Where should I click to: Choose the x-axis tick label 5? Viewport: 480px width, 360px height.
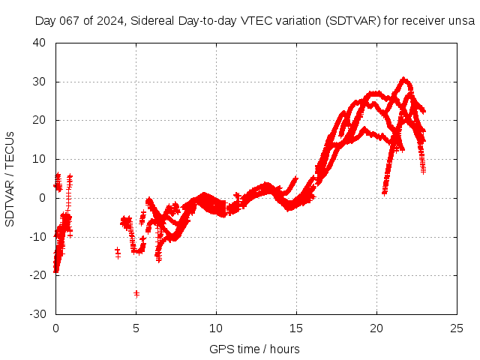pos(136,328)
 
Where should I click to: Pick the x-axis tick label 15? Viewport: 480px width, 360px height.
pos(296,328)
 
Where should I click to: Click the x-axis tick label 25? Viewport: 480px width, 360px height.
pos(457,328)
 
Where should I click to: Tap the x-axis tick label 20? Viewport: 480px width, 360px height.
pos(376,328)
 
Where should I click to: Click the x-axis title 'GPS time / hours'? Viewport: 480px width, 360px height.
pos(255,349)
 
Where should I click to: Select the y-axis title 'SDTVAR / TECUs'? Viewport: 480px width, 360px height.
pos(10,178)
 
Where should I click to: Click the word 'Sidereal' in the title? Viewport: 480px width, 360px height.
pos(151,21)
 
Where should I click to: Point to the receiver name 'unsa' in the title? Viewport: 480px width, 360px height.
pos(462,21)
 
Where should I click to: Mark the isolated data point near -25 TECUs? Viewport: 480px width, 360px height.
pos(136,293)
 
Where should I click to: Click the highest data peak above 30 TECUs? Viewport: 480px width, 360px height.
pos(404,79)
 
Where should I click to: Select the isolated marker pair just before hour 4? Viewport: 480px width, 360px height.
pos(118,253)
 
